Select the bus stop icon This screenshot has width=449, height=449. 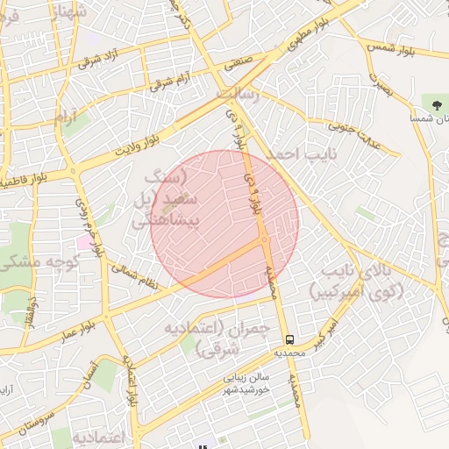click(x=289, y=339)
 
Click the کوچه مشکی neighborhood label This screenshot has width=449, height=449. click(x=40, y=261)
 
